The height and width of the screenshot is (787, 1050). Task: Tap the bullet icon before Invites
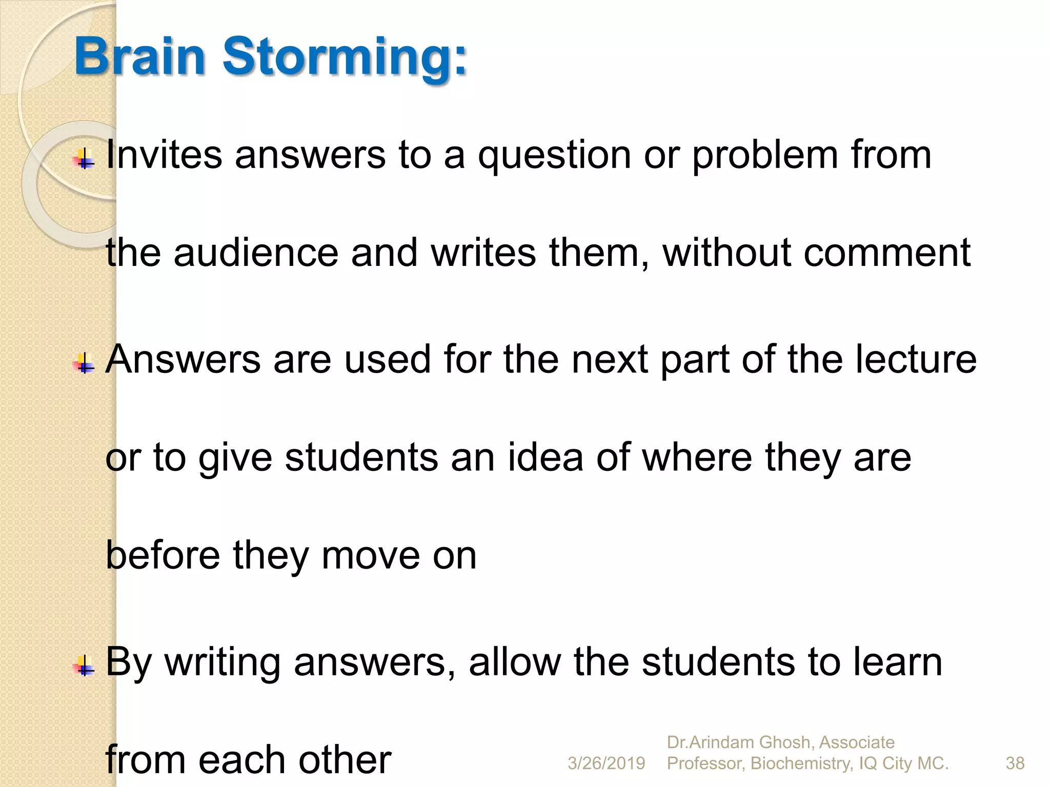[x=84, y=159]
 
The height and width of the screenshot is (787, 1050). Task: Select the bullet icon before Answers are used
[x=84, y=363]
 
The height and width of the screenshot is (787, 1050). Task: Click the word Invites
[x=164, y=155]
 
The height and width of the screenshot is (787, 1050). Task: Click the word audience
[x=256, y=253]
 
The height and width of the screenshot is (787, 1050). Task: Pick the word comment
[x=887, y=254]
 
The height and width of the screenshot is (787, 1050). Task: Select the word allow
[x=515, y=662]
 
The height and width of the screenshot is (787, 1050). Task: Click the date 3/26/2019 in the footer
[x=606, y=763]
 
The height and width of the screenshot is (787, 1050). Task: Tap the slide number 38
[x=1015, y=763]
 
